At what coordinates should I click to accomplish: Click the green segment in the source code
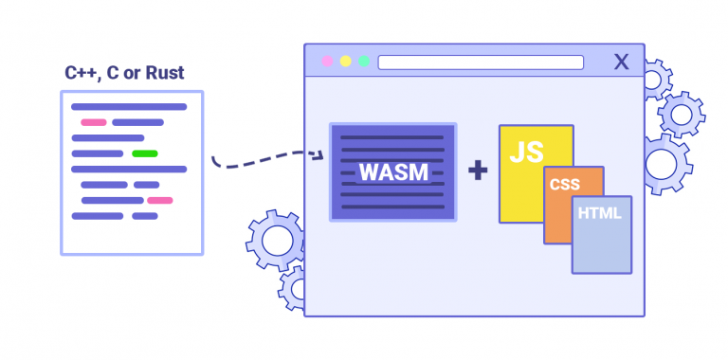(144, 153)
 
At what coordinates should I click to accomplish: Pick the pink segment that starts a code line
(93, 122)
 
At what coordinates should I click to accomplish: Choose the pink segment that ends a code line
(159, 200)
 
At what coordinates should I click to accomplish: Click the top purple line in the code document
(129, 107)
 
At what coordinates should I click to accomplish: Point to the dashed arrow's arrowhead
(320, 153)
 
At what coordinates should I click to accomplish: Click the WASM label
(392, 172)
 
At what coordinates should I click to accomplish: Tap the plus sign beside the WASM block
(478, 171)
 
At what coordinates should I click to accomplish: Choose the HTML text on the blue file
(599, 213)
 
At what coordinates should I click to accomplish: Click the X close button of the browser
(621, 63)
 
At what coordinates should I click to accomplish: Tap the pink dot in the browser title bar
(327, 62)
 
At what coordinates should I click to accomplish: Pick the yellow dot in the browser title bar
(345, 62)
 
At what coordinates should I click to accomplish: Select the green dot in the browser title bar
(363, 62)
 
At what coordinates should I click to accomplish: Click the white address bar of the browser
(481, 63)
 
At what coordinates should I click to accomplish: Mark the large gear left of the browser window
(276, 241)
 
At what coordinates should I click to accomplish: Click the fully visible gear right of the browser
(681, 115)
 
